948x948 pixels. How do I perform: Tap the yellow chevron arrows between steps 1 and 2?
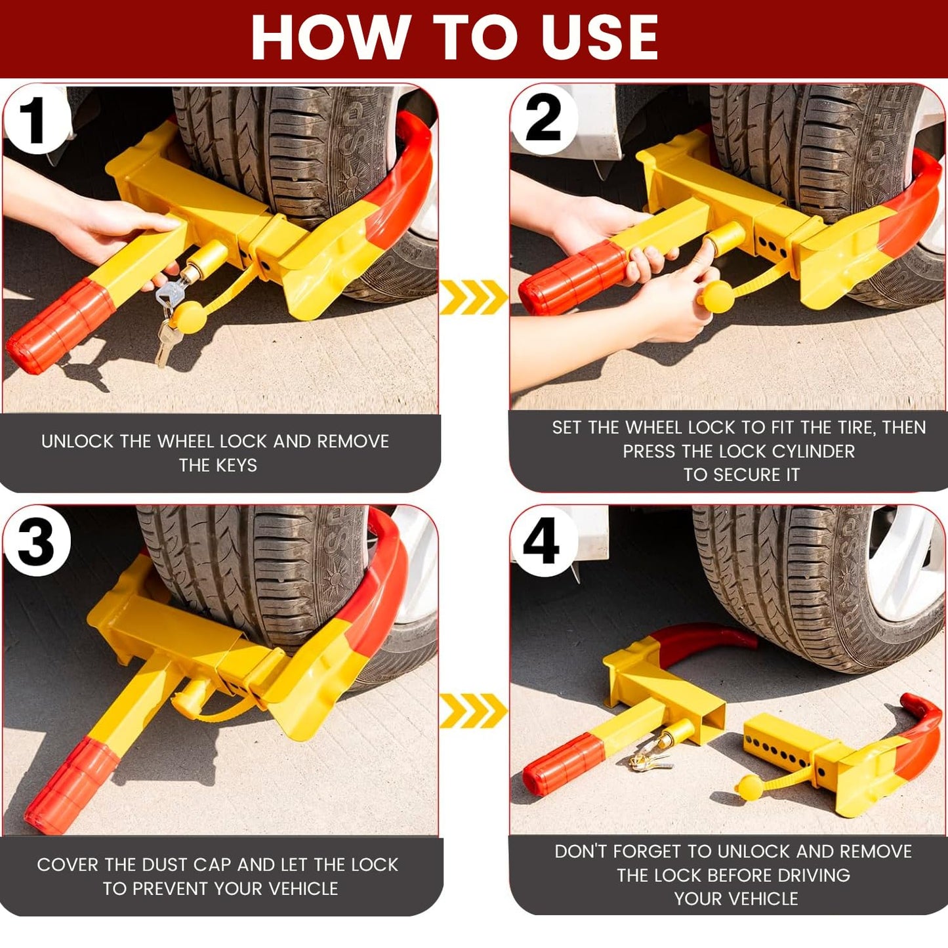[x=473, y=297]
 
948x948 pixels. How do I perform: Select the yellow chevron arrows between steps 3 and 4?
[x=473, y=711]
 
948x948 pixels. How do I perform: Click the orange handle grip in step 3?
[x=72, y=786]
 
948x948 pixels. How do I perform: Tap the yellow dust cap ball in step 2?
[x=717, y=298]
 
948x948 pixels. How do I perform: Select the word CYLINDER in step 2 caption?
[x=814, y=451]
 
